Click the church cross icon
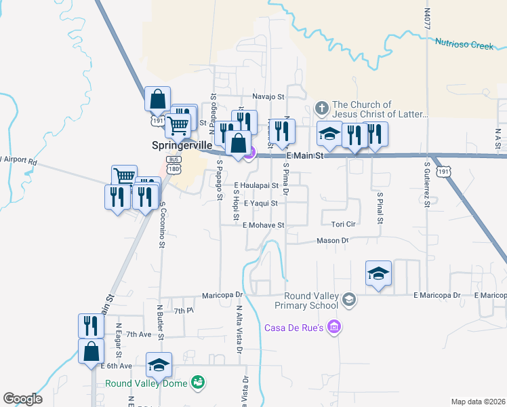click(322, 107)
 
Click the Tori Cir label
click(344, 224)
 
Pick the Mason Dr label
click(332, 241)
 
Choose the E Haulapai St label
click(257, 185)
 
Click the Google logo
click(22, 399)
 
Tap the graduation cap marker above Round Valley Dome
click(159, 365)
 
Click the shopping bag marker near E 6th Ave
click(92, 353)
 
